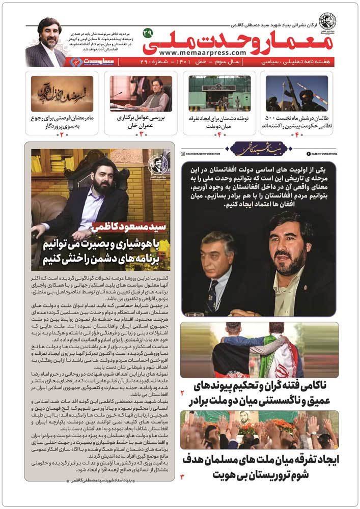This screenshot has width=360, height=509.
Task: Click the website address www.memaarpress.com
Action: (202, 53)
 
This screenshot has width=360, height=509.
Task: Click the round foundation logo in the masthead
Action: (328, 19)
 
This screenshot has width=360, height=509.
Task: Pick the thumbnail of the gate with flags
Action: (219, 93)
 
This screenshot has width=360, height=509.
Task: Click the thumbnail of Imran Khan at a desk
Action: (141, 93)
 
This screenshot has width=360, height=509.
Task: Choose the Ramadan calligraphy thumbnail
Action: (62, 93)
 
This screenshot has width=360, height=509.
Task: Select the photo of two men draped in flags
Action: (259, 349)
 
